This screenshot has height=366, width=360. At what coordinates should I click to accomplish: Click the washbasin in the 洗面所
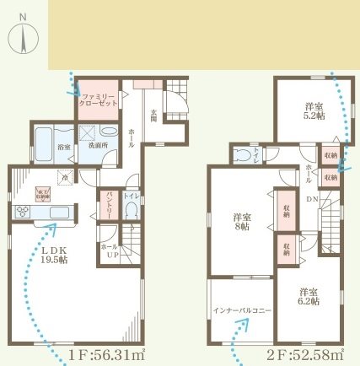point(109,133)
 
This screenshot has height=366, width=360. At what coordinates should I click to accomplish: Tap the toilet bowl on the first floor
point(130,208)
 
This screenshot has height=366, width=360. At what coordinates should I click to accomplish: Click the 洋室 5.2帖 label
point(311,110)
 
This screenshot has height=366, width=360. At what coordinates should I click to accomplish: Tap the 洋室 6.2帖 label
point(309,298)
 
